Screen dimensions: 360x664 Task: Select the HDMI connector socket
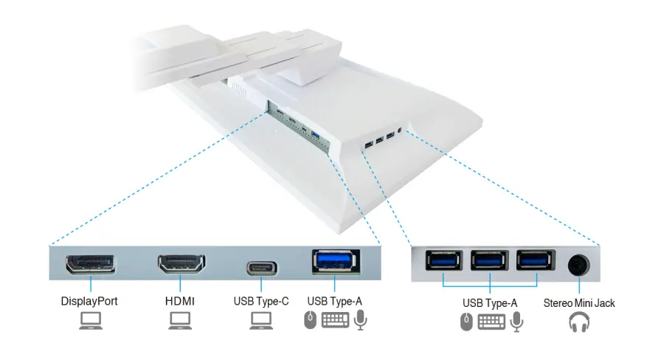point(181,264)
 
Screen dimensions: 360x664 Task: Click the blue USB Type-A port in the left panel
point(334,262)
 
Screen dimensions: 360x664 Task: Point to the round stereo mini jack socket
point(579,263)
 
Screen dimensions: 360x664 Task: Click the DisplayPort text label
point(89,301)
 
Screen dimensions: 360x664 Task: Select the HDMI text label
point(181,301)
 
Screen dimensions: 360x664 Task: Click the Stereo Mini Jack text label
point(579,302)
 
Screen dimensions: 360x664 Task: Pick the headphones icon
point(579,322)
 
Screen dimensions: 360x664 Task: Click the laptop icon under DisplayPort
point(89,320)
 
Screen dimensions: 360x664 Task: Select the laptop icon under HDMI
point(181,320)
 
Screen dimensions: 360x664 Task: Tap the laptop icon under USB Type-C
point(262,320)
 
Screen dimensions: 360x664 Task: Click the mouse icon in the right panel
point(466,322)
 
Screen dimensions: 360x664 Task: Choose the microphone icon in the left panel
point(360,319)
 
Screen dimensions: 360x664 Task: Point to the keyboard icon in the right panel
point(491,322)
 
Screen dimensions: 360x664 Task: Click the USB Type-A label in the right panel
point(490,302)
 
